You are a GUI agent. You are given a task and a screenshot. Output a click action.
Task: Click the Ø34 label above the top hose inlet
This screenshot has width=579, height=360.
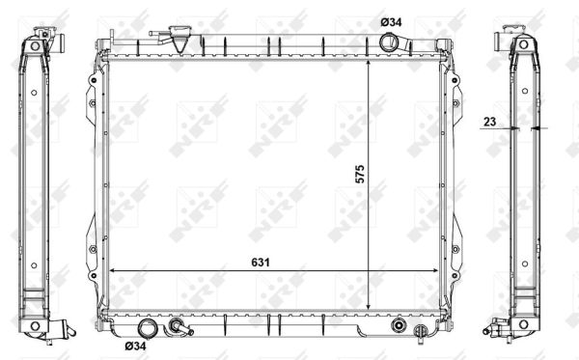click(x=391, y=22)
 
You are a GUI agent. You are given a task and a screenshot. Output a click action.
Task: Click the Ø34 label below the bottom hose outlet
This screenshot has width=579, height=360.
click(x=135, y=346)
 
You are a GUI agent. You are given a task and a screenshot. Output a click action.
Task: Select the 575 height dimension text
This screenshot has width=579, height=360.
click(x=360, y=174)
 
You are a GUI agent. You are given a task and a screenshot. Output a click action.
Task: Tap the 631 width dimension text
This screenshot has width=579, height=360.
click(x=261, y=263)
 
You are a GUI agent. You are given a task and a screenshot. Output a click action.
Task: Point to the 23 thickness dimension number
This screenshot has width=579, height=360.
click(x=489, y=122)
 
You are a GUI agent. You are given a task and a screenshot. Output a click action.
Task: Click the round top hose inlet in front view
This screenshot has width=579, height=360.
click(x=389, y=42)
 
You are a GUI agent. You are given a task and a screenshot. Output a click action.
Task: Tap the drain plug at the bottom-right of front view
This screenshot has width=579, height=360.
click(x=421, y=332)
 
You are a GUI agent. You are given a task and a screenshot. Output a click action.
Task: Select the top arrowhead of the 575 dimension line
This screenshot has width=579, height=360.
click(x=369, y=64)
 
